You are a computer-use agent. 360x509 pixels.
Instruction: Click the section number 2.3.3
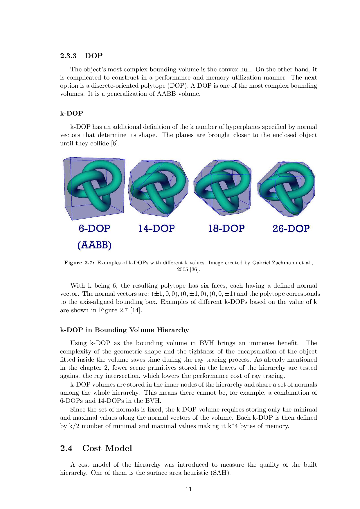coord(68,56)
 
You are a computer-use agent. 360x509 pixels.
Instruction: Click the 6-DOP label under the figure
coord(94,229)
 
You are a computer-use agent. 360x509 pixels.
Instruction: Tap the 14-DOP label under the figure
coord(156,229)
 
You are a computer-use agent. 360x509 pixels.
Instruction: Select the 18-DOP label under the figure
coord(226,229)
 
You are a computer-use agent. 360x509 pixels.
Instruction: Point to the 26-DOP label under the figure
coord(291,229)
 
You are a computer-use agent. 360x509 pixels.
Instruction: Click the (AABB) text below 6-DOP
coord(94,245)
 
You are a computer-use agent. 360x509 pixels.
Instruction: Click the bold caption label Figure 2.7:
coord(79,263)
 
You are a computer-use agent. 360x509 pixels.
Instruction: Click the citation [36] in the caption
coord(195,270)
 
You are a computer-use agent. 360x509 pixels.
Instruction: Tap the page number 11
coord(188,489)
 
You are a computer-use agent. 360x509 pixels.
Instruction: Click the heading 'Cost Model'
coord(107,448)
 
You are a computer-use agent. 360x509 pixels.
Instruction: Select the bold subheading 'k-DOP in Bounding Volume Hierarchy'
coord(124,330)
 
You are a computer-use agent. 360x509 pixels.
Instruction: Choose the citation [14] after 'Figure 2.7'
coord(136,311)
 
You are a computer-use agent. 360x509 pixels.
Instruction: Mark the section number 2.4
coord(66,449)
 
